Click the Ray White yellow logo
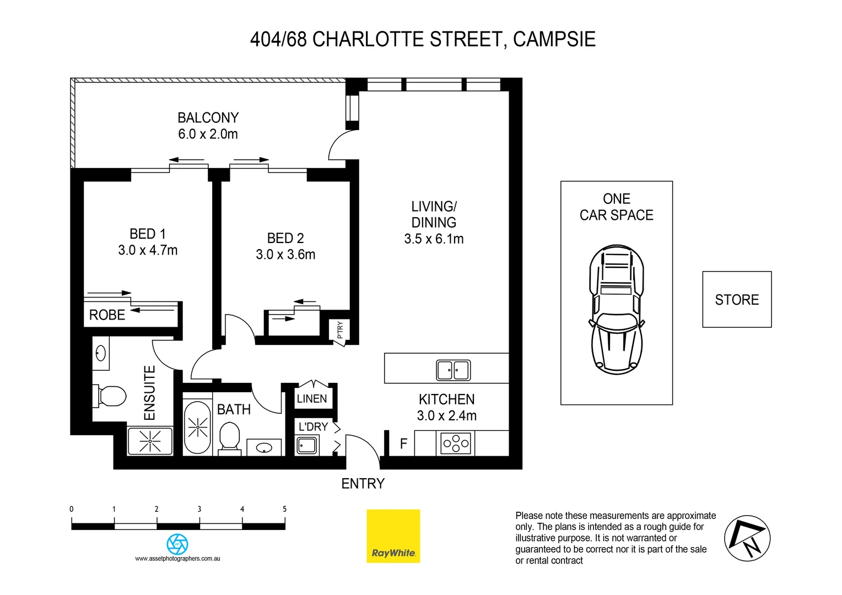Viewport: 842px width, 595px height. [393, 535]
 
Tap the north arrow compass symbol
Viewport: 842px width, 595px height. [747, 538]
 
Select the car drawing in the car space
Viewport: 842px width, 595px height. [617, 310]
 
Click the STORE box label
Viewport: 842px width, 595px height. [737, 300]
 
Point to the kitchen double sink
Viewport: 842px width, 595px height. [453, 370]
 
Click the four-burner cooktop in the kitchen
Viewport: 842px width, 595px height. [456, 443]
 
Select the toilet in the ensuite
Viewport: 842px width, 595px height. [112, 396]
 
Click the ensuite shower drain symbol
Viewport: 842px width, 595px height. [150, 441]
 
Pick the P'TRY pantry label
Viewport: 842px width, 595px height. [340, 329]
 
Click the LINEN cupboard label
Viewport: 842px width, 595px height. [312, 399]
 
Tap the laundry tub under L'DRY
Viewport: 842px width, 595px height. [307, 445]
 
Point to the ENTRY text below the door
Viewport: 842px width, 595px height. [363, 484]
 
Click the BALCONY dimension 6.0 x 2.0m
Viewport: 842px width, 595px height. [208, 134]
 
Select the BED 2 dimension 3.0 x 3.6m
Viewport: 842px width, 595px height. [285, 255]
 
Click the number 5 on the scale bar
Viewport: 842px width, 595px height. [284, 509]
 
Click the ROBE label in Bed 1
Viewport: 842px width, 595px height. [107, 315]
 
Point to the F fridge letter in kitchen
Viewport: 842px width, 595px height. [403, 443]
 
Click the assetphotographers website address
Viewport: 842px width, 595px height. [177, 559]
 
